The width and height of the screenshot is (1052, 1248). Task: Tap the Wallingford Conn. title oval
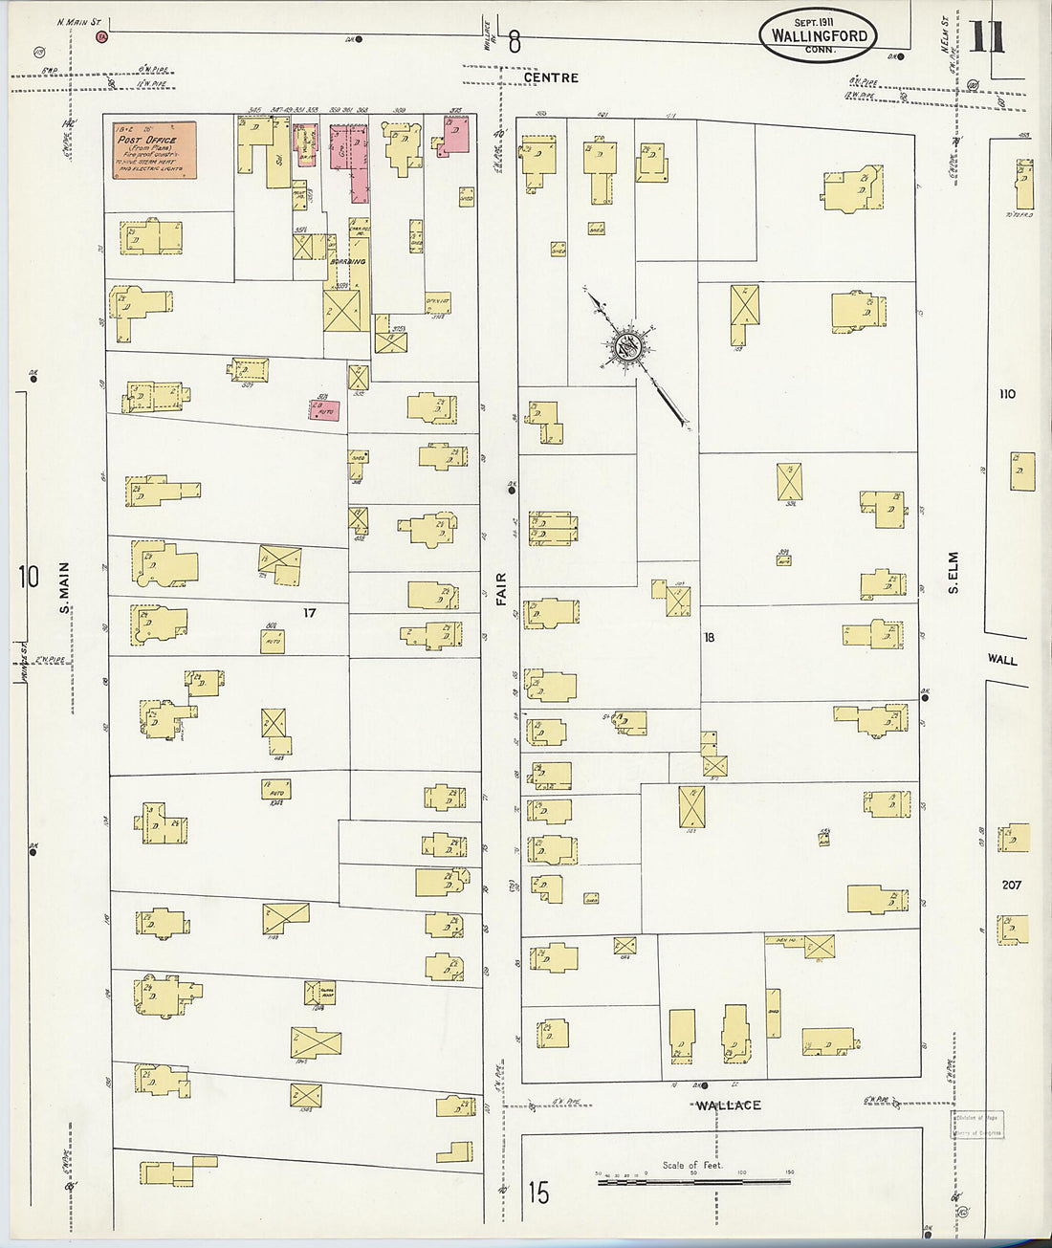(x=819, y=36)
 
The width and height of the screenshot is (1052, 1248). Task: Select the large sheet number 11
(x=987, y=38)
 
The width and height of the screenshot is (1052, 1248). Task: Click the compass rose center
(x=627, y=348)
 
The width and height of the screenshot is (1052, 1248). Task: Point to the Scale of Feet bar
(x=693, y=1182)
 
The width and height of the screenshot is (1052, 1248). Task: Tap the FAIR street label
(x=500, y=589)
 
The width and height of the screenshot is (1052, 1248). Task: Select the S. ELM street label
(x=953, y=573)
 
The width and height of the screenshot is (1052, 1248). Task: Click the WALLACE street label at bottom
(x=728, y=1106)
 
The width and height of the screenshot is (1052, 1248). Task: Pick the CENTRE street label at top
(x=551, y=77)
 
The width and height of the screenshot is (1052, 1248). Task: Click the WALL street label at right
(x=1002, y=660)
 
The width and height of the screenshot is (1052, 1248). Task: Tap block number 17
(x=309, y=613)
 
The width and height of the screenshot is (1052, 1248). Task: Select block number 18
(x=709, y=637)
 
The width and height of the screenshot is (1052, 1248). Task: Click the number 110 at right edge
(x=1006, y=394)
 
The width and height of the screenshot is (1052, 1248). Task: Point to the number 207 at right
(x=1011, y=885)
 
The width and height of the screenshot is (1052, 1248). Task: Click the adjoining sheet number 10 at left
(x=29, y=577)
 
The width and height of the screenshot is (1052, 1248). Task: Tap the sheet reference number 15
(x=538, y=1193)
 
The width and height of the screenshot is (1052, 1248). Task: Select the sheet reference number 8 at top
(x=515, y=42)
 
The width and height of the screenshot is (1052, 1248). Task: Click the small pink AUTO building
(x=324, y=409)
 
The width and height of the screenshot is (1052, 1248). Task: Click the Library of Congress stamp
(x=977, y=1125)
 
